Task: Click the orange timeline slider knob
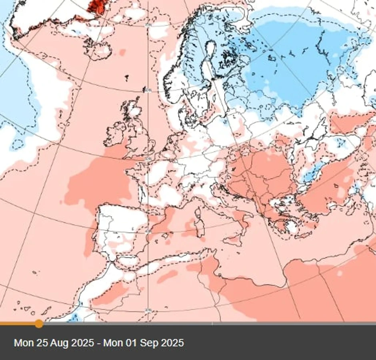38,323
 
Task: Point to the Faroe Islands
127,76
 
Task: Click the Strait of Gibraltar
113,262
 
